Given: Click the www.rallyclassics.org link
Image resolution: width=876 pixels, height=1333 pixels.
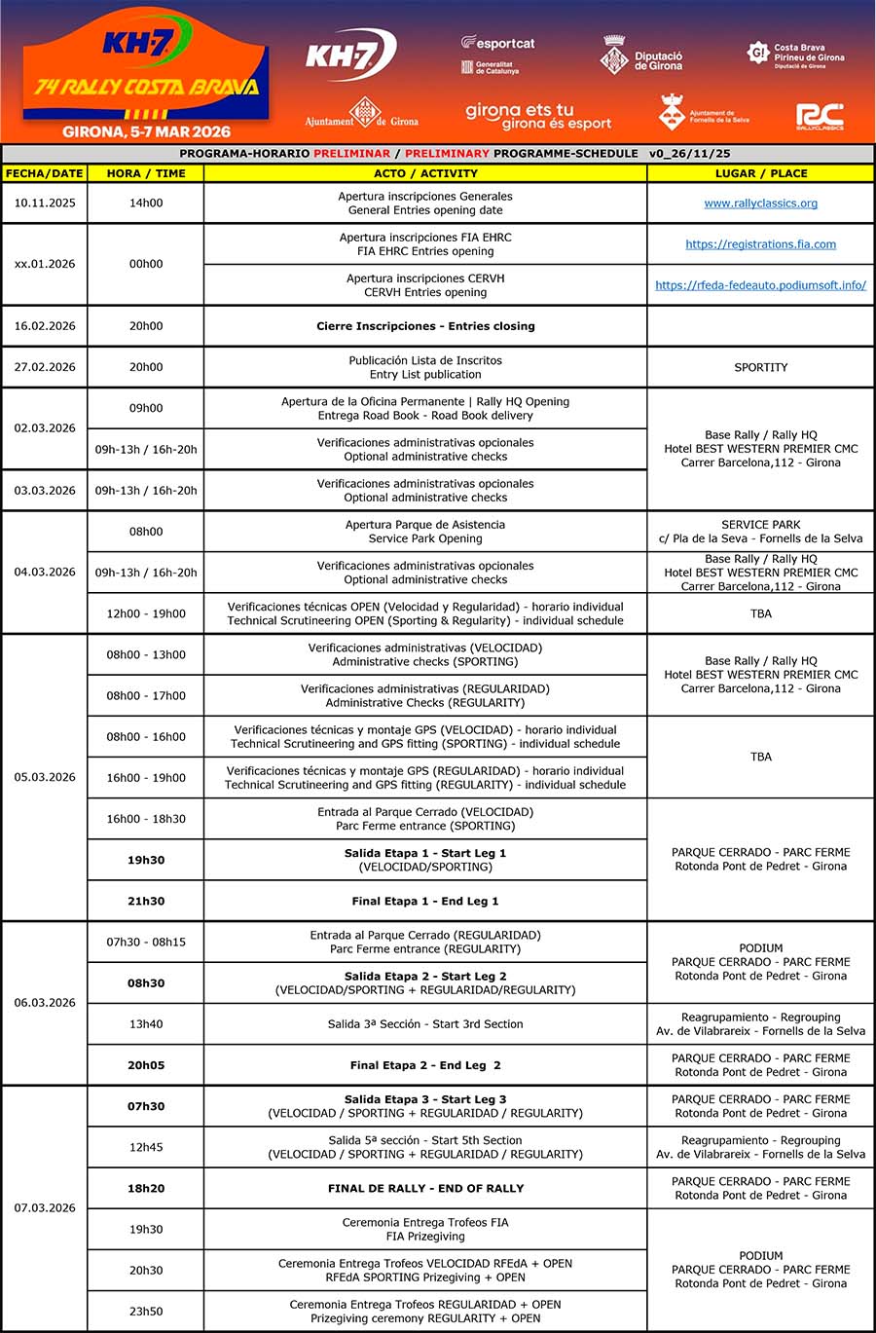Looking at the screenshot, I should point(760,204).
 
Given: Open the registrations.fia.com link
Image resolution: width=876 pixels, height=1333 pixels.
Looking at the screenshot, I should point(760,244).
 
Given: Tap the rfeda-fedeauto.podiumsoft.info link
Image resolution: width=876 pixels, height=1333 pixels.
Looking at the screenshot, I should point(760,285).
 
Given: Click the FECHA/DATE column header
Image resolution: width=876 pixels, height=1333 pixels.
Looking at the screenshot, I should point(44,173).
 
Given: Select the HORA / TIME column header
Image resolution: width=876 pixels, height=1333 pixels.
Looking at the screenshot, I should point(146,173).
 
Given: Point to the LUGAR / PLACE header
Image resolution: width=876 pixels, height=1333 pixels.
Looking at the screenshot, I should point(760,173).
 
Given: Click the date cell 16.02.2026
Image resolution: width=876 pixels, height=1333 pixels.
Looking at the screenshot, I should point(44,326).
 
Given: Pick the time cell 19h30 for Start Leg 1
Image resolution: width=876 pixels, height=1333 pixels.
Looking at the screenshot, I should point(146,860).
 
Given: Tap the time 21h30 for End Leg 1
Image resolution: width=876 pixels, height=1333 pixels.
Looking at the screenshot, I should point(146,902).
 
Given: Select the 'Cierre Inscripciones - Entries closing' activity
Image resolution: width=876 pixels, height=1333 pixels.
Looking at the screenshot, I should point(425,326).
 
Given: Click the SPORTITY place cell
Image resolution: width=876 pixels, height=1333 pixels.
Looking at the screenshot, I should point(760,367).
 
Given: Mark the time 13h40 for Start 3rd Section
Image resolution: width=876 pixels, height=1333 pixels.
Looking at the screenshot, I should point(146,1024).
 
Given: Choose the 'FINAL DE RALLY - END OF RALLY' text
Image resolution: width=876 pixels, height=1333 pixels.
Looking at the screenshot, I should point(425,1188).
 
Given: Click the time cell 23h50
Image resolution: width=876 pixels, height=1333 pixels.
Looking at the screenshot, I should point(146,1312).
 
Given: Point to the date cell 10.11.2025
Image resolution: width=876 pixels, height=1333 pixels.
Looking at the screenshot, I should point(44,204).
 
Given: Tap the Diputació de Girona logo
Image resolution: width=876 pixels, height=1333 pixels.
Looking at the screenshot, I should point(642,58).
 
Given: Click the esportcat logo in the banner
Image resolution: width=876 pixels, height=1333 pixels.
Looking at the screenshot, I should point(498,44).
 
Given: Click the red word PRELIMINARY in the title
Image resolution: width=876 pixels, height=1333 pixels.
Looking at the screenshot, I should point(448,153).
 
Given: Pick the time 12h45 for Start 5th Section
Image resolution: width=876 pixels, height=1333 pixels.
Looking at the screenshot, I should point(146,1147).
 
